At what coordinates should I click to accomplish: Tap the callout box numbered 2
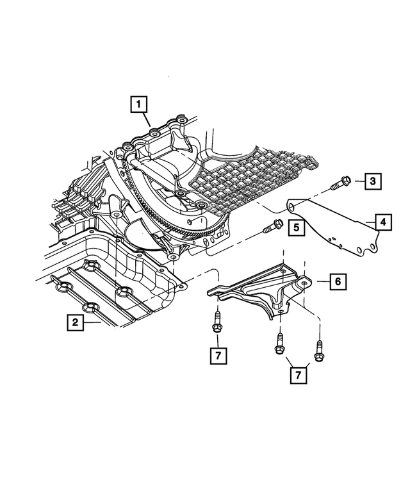75,323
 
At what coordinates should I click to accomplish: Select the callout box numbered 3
373,181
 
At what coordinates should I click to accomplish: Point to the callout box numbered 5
296,226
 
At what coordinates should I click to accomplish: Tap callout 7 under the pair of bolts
298,376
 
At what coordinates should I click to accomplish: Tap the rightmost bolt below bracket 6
317,350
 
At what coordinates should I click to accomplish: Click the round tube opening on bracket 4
291,206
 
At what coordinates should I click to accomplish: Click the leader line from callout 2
94,323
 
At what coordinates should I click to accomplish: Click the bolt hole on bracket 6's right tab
302,279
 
